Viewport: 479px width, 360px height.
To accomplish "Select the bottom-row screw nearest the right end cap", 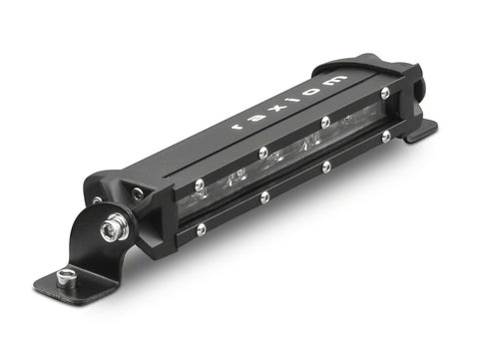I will [x=385, y=136].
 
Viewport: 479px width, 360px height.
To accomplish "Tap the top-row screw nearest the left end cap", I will [x=200, y=183].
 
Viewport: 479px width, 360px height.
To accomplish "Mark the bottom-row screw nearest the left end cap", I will [x=201, y=228].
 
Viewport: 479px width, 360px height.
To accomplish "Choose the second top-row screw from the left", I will [x=262, y=153].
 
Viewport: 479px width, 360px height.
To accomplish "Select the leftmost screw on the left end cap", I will [x=98, y=199].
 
